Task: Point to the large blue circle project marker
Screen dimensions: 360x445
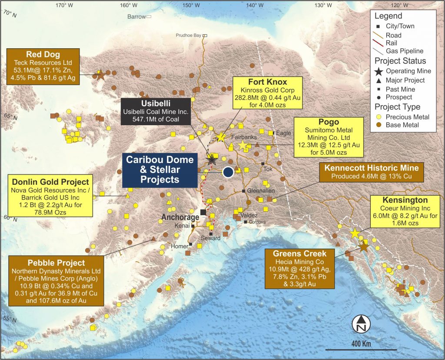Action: coord(228,172)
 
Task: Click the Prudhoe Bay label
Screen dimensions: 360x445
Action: coord(189,35)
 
